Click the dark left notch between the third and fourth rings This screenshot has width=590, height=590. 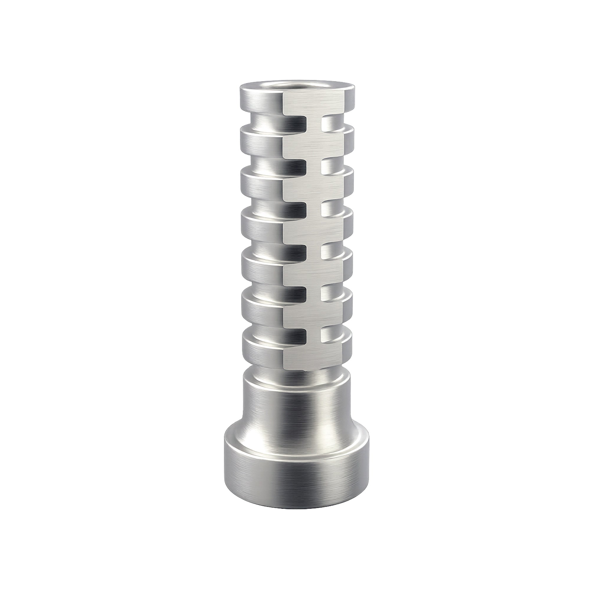296,208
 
